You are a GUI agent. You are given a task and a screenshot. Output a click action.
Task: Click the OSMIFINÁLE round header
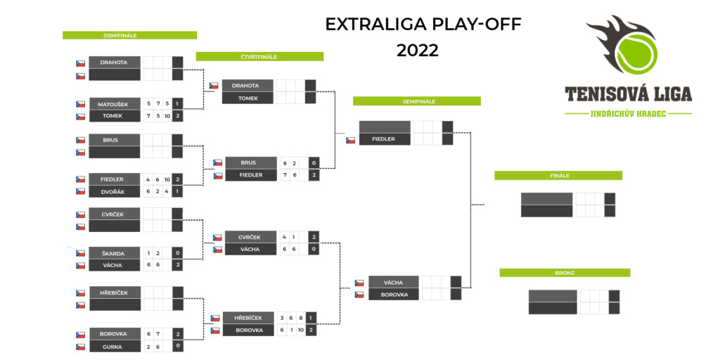(129, 35)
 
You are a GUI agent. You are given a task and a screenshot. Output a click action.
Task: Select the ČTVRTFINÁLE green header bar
(260, 56)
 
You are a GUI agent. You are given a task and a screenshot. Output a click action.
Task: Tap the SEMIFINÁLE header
(417, 101)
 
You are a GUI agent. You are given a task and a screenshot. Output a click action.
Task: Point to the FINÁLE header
(558, 175)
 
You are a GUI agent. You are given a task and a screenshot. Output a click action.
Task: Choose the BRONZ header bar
(565, 273)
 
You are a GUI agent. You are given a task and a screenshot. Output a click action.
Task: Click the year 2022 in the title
(418, 51)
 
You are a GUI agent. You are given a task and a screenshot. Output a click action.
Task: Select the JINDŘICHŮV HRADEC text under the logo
(628, 113)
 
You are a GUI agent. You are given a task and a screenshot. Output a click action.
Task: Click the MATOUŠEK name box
(115, 104)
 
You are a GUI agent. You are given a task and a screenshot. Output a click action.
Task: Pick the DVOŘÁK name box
(115, 191)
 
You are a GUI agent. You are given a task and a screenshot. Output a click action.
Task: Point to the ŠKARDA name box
(115, 253)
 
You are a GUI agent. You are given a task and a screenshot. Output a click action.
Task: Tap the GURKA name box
(115, 347)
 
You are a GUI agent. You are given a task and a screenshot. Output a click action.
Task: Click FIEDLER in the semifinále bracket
(385, 139)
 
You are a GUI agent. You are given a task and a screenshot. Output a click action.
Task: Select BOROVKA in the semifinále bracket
(394, 295)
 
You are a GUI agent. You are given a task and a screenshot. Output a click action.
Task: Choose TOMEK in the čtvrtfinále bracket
(247, 98)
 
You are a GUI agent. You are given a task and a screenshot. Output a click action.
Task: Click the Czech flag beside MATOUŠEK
(80, 104)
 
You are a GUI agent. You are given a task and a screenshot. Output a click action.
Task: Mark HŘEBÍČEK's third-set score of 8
(301, 318)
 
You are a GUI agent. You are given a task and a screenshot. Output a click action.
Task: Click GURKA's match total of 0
(177, 347)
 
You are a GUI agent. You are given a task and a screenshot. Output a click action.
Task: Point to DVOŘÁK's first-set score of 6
(148, 191)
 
